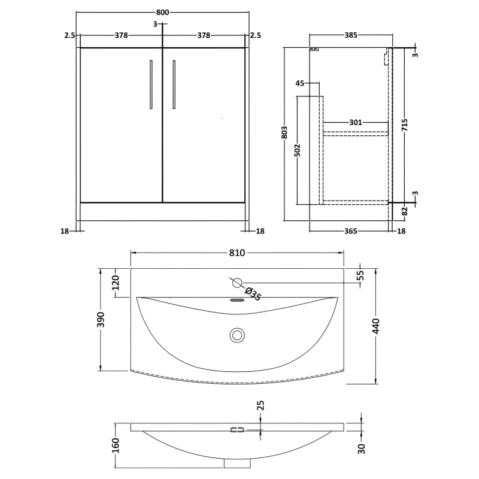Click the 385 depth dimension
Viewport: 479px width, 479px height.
350,35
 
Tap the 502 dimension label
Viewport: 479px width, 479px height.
297,150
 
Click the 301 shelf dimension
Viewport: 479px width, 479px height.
355,122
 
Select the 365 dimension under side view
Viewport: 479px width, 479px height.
350,231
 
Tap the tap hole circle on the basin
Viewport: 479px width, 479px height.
238,283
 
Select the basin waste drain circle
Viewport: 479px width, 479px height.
238,335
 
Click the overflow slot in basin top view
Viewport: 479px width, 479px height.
237,301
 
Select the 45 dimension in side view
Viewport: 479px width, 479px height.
300,83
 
